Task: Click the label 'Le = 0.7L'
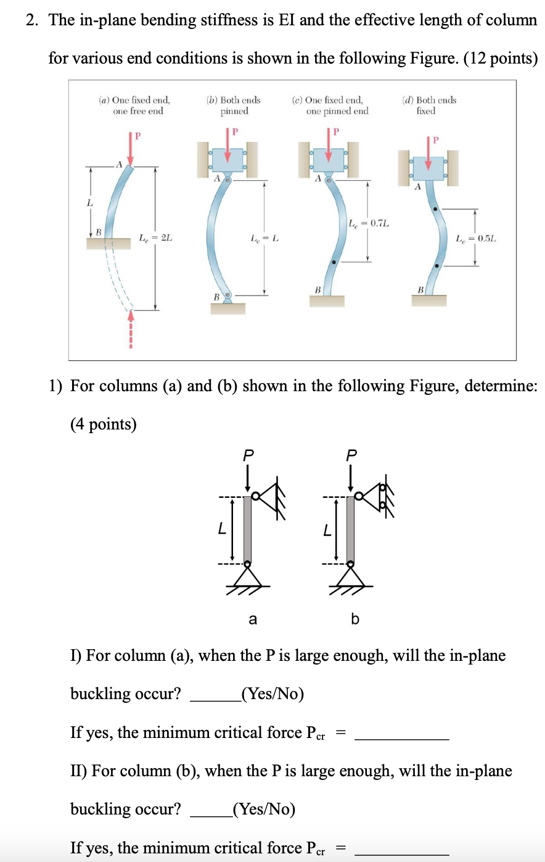(x=369, y=223)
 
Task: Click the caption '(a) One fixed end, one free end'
(x=135, y=106)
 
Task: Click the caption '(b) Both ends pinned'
(x=234, y=106)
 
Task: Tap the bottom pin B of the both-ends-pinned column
(x=227, y=296)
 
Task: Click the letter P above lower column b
(x=351, y=455)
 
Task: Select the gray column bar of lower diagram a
(x=247, y=529)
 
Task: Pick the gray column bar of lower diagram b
(x=350, y=529)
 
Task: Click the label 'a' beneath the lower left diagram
(x=252, y=619)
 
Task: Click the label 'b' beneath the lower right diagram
(x=354, y=618)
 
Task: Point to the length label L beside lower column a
(x=221, y=529)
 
